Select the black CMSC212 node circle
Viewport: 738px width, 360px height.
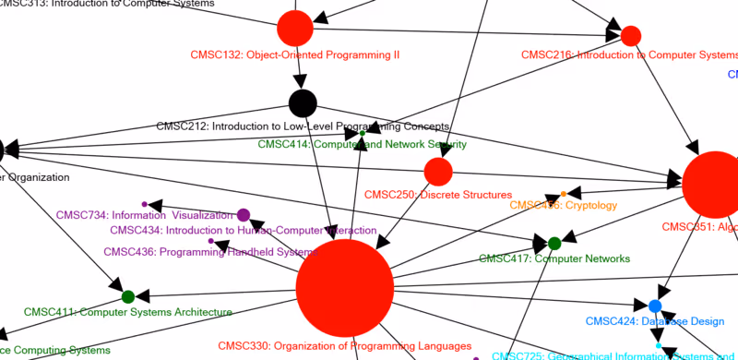(303, 102)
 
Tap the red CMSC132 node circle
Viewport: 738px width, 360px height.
(295, 29)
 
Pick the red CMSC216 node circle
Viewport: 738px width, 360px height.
(631, 36)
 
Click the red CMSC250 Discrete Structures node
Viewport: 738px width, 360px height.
(438, 171)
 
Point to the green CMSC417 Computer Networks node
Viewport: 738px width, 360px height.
(554, 244)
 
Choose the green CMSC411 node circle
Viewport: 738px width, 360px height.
(128, 296)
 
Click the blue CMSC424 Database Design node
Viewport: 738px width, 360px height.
(655, 306)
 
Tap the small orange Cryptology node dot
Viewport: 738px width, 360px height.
(563, 194)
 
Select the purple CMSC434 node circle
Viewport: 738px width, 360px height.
(244, 215)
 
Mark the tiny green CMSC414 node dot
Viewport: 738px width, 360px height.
(363, 134)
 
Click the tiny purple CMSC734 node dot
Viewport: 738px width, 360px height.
(145, 204)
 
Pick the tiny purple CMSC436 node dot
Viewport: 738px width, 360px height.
(211, 242)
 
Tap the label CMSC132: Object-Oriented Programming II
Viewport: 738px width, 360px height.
(295, 54)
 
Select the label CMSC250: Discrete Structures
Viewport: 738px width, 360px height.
(438, 195)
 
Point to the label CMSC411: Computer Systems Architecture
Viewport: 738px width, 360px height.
(128, 312)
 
